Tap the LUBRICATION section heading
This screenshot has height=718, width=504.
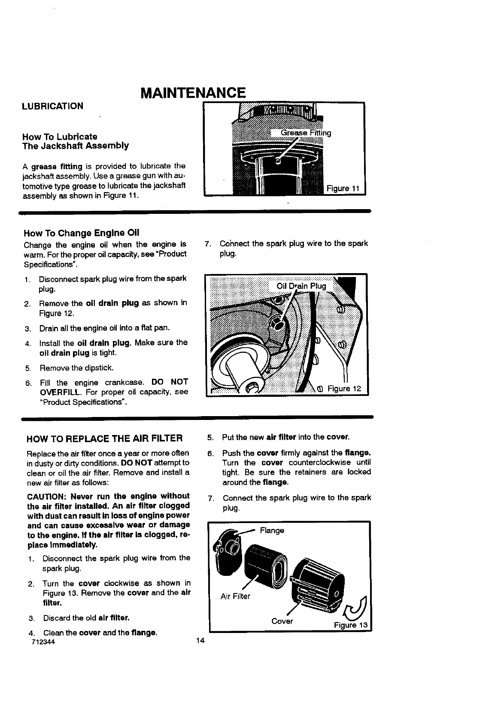click(53, 106)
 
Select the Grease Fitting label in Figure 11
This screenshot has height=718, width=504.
click(306, 133)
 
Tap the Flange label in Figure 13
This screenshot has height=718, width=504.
click(272, 530)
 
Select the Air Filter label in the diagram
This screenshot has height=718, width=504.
click(235, 596)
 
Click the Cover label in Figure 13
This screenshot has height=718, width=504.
click(282, 621)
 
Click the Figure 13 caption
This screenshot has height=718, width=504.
click(351, 625)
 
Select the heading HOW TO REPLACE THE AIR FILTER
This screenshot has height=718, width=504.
click(105, 438)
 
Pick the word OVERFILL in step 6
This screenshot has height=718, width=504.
click(60, 392)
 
